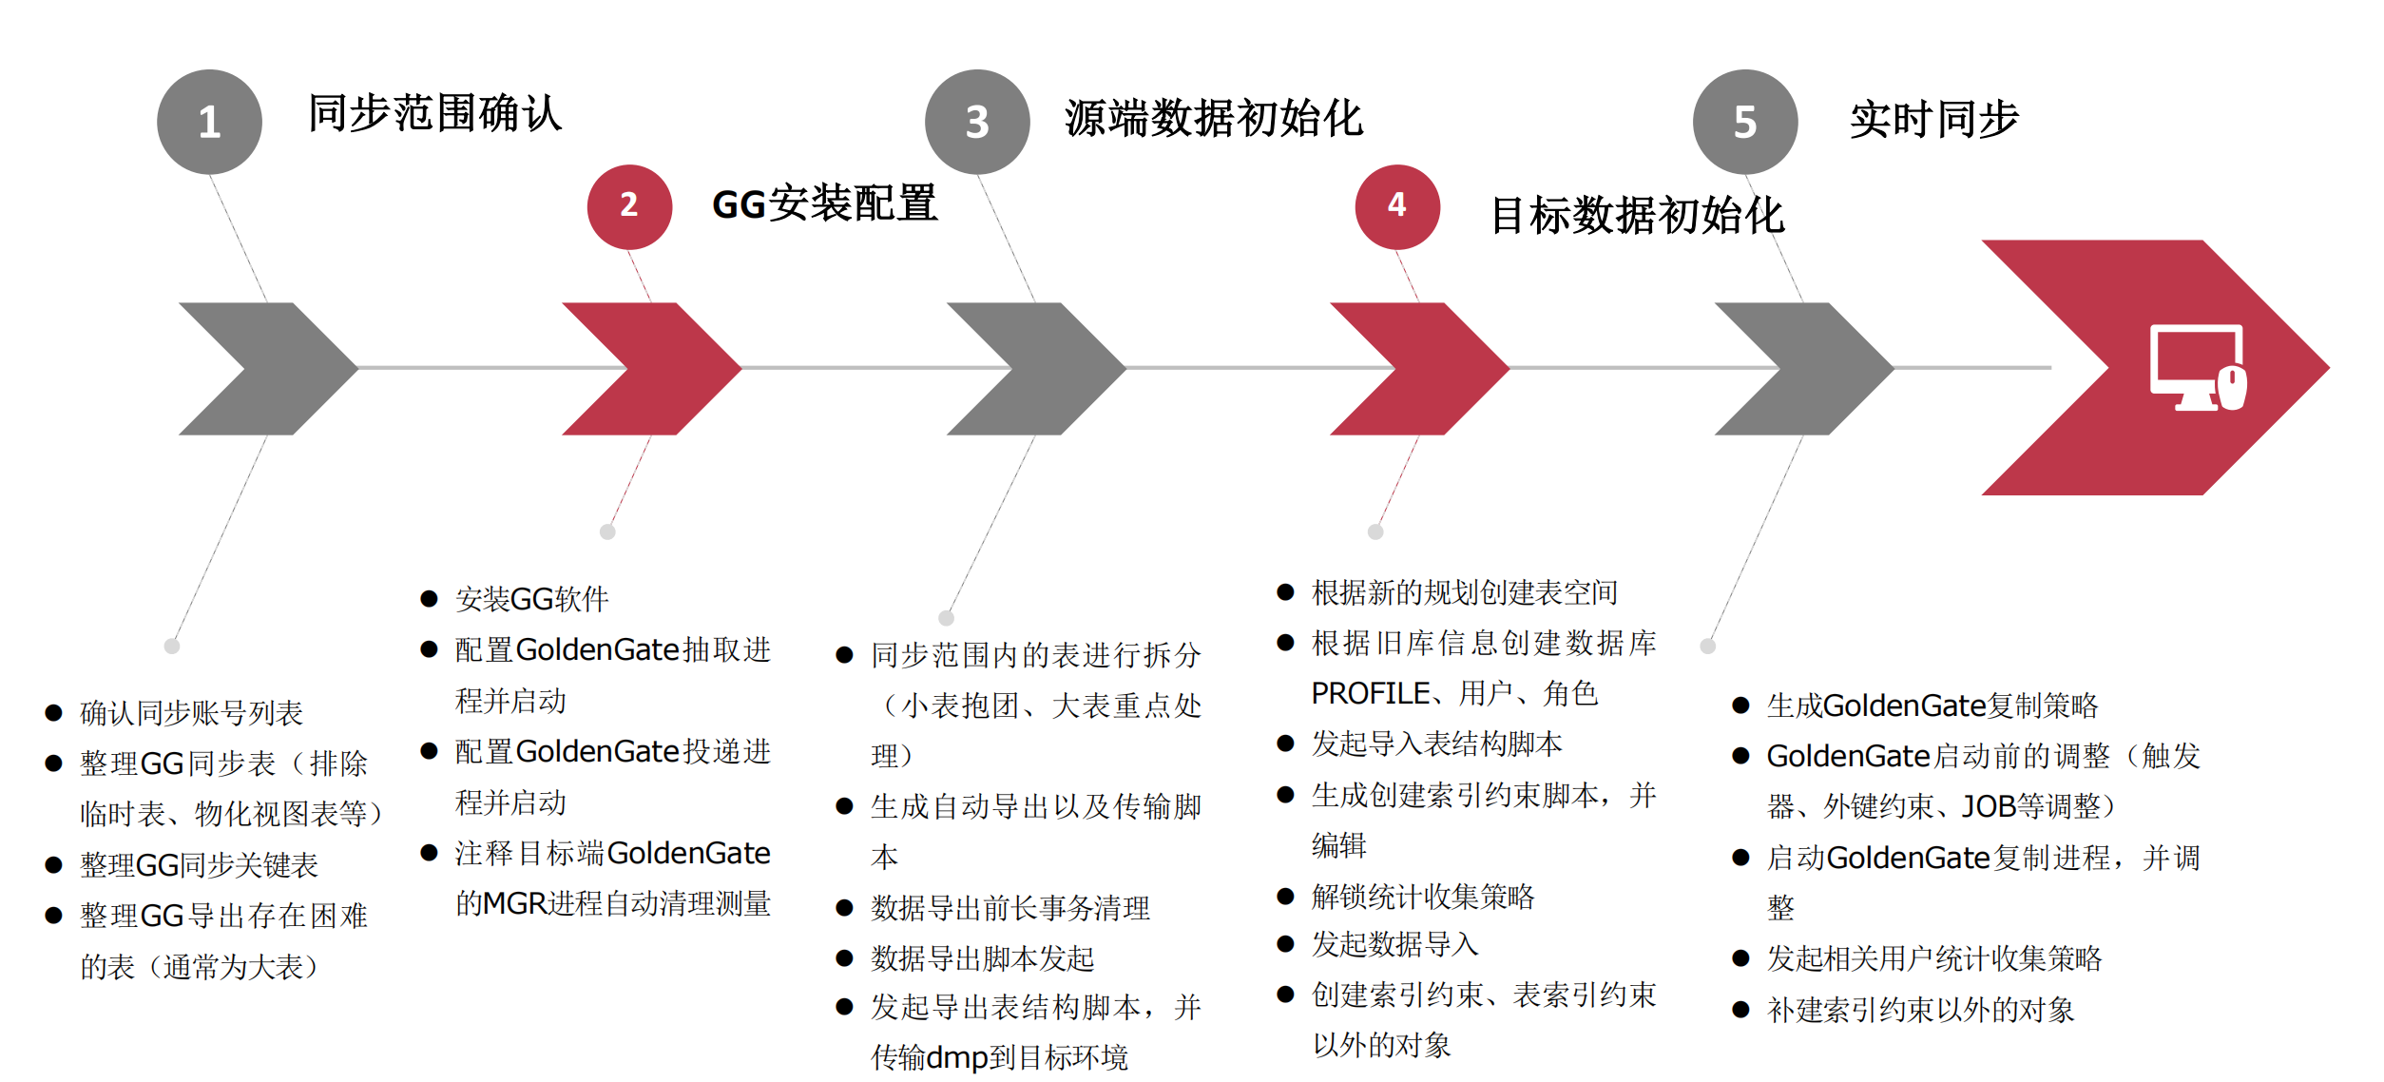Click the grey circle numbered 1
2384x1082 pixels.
coord(209,122)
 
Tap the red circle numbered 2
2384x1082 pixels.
coord(629,206)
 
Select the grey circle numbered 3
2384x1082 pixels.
coord(977,122)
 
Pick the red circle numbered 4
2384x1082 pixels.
coord(1396,206)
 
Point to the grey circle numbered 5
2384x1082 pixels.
coord(1744,122)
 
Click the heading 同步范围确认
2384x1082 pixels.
coord(435,114)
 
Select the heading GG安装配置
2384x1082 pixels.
coord(824,203)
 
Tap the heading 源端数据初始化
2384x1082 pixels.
coord(1214,120)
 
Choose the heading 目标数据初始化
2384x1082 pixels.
coord(1637,216)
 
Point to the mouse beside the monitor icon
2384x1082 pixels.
coord(2233,388)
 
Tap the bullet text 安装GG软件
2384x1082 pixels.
coord(532,599)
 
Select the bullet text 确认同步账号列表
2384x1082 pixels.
coord(191,712)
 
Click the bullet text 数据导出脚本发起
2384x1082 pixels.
coord(982,958)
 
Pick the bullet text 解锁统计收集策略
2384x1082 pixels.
coord(1422,896)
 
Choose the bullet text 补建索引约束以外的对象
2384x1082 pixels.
coord(1920,1010)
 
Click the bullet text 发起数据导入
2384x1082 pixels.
coord(1394,944)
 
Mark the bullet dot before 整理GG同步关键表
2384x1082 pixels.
coord(54,865)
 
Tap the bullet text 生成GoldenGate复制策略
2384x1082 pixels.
coord(1932,705)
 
